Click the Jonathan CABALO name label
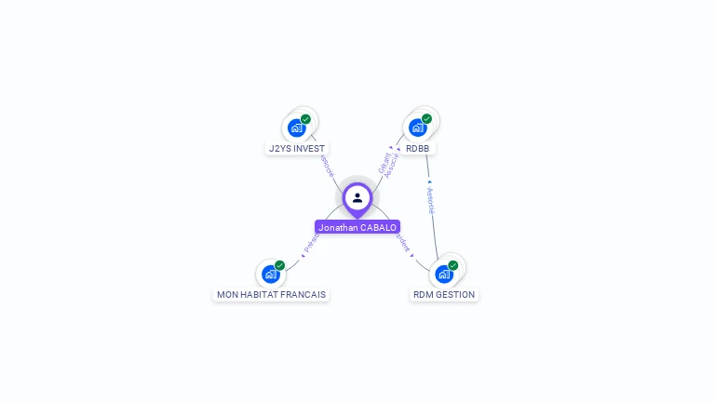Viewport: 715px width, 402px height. click(357, 227)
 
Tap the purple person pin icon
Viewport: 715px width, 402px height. click(357, 198)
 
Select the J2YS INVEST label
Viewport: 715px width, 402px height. click(297, 148)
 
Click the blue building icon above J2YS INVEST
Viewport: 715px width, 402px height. click(297, 127)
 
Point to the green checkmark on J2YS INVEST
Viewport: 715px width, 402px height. click(305, 119)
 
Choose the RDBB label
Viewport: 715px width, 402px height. click(418, 148)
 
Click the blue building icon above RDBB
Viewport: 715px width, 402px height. click(417, 127)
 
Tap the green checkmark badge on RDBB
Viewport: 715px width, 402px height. click(426, 119)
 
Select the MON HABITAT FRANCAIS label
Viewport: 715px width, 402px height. click(271, 294)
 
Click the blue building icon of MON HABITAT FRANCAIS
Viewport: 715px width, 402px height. click(271, 274)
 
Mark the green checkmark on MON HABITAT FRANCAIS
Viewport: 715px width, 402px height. click(279, 265)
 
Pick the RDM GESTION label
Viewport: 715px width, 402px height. click(444, 294)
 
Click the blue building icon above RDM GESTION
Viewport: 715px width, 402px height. click(444, 274)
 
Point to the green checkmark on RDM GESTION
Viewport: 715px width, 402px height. click(452, 265)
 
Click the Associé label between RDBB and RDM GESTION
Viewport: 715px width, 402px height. click(430, 200)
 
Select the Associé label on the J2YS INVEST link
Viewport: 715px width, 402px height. click(326, 165)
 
